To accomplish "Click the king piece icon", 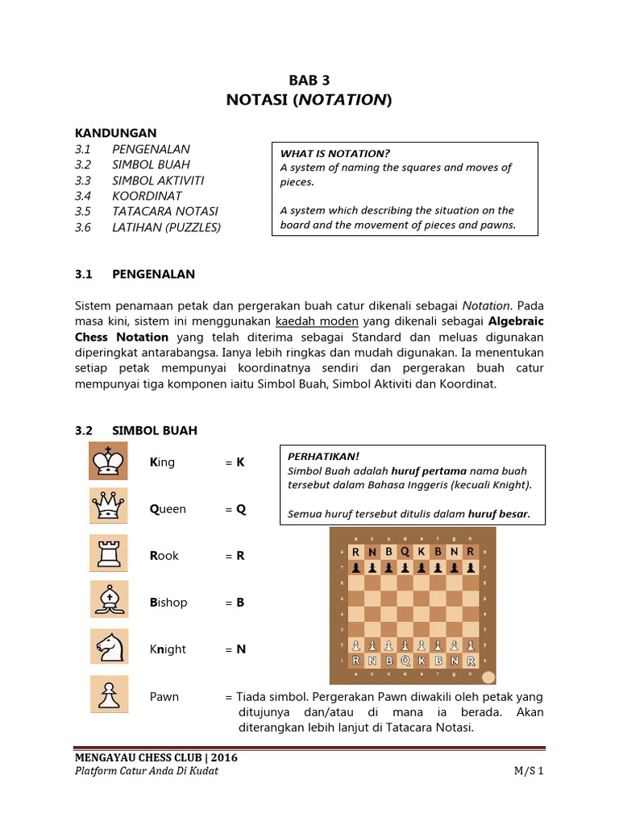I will (108, 462).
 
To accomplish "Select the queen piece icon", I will (108, 509).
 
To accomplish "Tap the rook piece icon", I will (108, 556).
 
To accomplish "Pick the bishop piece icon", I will (108, 603).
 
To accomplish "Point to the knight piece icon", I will (108, 649).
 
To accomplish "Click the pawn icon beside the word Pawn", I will (108, 696).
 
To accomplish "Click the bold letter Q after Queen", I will (240, 509).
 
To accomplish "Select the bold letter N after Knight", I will (240, 649).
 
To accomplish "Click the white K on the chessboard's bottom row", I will (421, 661).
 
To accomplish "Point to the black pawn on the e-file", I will (421, 567).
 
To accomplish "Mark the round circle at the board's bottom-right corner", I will (488, 677).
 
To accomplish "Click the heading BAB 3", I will (309, 80).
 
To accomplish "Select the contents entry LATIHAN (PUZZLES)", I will (166, 227).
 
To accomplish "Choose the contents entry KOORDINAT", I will (147, 196).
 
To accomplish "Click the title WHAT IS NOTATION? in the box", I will (334, 153).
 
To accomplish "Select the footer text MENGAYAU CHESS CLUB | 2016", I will (156, 757).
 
